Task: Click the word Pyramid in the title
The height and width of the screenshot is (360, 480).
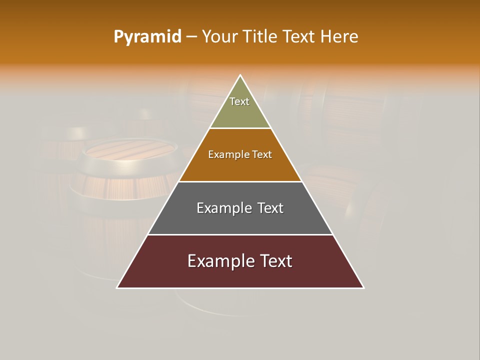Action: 147,37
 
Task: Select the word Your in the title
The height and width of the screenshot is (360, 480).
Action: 219,36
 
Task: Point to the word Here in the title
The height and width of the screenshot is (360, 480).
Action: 339,36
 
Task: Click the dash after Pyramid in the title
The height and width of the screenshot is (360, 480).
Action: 191,37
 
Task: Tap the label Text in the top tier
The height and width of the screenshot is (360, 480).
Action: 239,101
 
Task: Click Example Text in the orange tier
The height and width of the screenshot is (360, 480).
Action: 240,154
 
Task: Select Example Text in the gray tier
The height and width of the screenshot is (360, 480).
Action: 240,208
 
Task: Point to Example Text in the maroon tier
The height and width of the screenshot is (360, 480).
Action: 240,261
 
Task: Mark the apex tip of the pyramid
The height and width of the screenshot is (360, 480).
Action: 240,76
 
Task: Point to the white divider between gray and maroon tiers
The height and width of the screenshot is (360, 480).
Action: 240,234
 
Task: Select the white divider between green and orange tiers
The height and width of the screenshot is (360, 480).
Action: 240,128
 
